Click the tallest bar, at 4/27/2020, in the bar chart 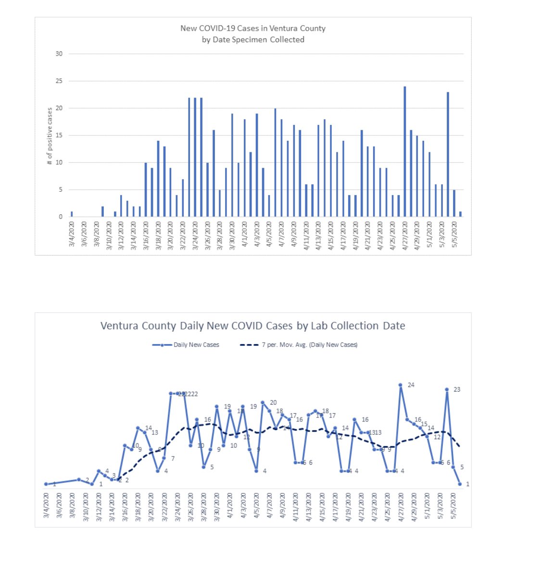[405, 151]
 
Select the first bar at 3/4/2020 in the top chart [72, 214]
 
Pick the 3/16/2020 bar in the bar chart [146, 189]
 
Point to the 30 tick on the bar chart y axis [59, 54]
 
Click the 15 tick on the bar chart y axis [59, 136]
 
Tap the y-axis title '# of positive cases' [50, 136]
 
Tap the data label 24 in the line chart [411, 385]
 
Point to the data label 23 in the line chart [457, 390]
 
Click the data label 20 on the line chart [273, 403]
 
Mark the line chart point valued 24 [400, 385]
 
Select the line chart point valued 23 [447, 390]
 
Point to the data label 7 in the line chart [173, 458]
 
